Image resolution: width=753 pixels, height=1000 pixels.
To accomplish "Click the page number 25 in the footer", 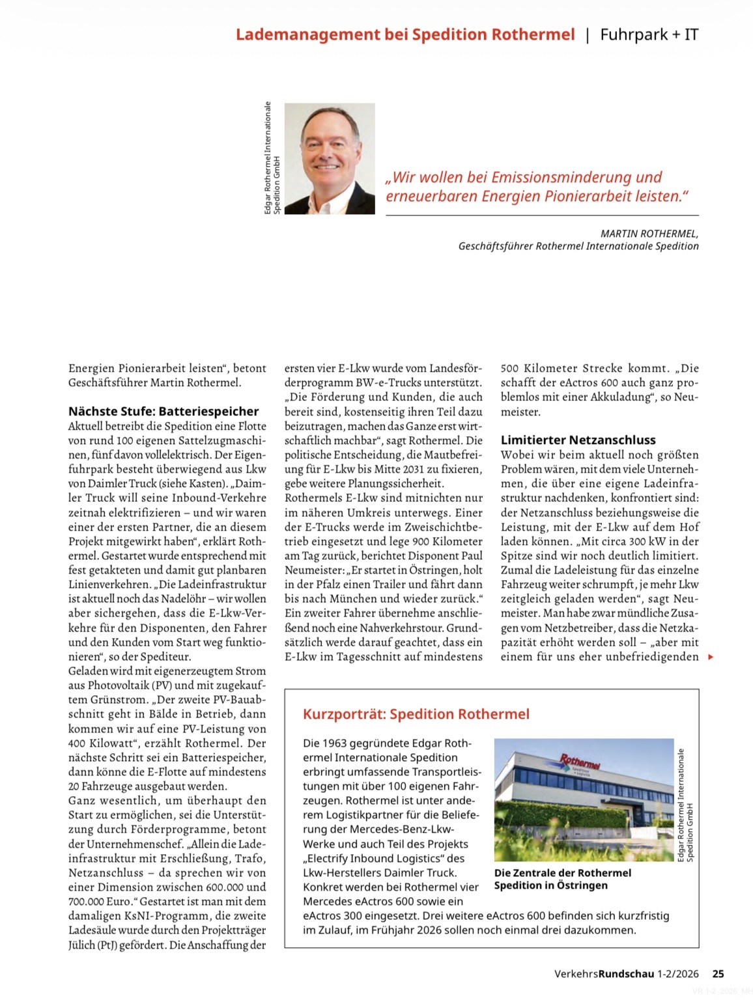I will coord(718,974).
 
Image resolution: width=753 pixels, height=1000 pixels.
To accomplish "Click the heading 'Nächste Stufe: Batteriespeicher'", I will coord(163,411).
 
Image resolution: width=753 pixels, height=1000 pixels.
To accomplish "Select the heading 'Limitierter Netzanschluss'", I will coord(578,440).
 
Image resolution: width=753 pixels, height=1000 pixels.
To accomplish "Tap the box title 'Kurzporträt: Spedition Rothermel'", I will coord(416,714).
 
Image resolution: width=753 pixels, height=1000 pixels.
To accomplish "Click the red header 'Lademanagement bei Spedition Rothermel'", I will coord(405,35).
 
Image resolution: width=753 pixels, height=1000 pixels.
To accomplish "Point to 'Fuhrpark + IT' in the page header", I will coord(649,35).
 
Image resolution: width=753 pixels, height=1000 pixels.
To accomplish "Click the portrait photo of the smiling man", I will coord(330,158).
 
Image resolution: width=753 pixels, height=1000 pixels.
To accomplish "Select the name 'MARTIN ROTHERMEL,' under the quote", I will coord(649,234).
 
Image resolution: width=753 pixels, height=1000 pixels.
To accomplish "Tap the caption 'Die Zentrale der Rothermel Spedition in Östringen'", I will coord(562,879).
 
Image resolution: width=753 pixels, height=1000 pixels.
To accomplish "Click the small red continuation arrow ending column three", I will coord(711,657).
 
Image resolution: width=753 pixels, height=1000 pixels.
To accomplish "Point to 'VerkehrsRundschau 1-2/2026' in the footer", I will coord(626,974).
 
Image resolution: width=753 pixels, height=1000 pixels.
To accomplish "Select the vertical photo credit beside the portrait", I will coord(272,158).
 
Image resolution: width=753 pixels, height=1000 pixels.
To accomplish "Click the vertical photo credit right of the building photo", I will coord(685,805).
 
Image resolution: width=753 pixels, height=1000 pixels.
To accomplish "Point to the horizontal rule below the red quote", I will coord(542,215).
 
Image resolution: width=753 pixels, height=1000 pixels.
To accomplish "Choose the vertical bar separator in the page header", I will coord(588,35).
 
